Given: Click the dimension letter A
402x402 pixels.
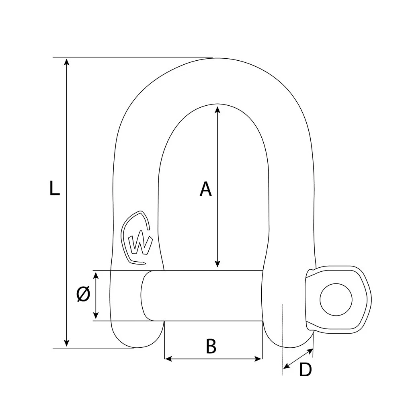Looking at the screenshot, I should (205, 189).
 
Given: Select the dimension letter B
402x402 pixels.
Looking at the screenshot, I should (211, 346).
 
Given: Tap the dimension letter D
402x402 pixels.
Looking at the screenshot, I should (306, 370).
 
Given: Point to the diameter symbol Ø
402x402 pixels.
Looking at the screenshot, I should (83, 295).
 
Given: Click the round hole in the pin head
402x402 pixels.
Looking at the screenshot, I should (336, 299).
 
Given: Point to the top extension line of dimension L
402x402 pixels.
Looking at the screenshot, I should (133, 57).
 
